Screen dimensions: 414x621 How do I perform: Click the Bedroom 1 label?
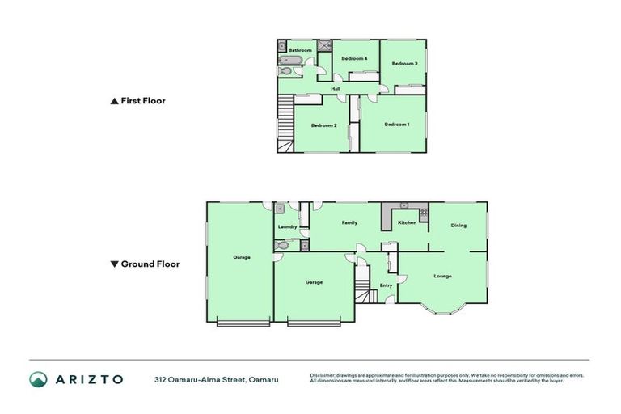(x=396, y=125)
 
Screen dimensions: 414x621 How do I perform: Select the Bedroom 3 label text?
(x=404, y=64)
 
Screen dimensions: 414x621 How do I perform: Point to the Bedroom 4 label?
(x=354, y=59)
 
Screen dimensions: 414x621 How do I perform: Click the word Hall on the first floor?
(x=335, y=89)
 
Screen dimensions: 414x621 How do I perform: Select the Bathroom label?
(x=301, y=50)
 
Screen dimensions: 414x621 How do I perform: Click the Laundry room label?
(x=287, y=227)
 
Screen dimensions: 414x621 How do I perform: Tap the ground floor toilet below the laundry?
(x=281, y=243)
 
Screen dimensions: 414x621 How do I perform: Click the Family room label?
(x=349, y=222)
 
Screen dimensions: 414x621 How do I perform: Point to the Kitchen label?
(x=407, y=222)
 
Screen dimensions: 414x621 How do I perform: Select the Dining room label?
(x=458, y=226)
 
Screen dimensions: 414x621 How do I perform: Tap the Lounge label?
(x=442, y=277)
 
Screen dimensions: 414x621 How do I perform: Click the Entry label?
(x=387, y=285)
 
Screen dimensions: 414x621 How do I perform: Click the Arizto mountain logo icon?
(x=38, y=379)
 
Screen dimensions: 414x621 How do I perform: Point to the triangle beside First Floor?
(x=114, y=102)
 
